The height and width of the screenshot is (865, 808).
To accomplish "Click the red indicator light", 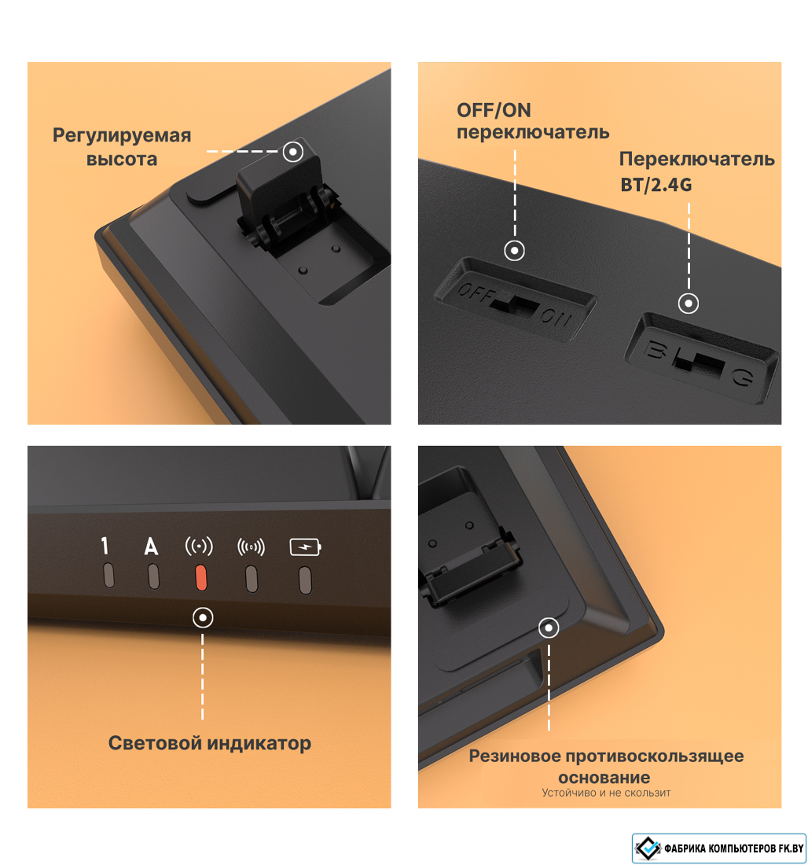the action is pyautogui.click(x=201, y=578).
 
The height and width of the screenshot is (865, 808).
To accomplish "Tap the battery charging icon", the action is pyautogui.click(x=306, y=547).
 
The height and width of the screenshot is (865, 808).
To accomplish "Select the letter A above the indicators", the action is pyautogui.click(x=151, y=547).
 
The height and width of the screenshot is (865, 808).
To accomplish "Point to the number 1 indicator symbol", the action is pyautogui.click(x=105, y=545).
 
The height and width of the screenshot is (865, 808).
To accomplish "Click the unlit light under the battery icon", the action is pyautogui.click(x=305, y=580).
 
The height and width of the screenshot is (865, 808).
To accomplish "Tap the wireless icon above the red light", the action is pyautogui.click(x=199, y=547).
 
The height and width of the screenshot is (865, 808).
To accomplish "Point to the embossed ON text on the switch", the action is pyautogui.click(x=556, y=317).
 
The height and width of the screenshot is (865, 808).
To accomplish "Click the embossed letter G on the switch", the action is pyautogui.click(x=742, y=377).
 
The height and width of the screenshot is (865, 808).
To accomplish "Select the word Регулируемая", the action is pyautogui.click(x=122, y=136).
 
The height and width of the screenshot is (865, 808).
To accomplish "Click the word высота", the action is pyautogui.click(x=122, y=159).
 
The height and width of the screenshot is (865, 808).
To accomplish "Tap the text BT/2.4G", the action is pyautogui.click(x=656, y=184).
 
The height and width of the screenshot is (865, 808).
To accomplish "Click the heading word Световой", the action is pyautogui.click(x=155, y=742).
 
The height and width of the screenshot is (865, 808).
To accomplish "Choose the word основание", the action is pyautogui.click(x=604, y=777).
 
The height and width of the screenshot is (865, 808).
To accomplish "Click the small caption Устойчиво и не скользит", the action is pyautogui.click(x=606, y=793).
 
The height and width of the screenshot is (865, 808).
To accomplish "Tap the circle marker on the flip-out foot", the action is pyautogui.click(x=293, y=151).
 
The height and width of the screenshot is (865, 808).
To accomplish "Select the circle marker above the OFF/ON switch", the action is pyautogui.click(x=515, y=250).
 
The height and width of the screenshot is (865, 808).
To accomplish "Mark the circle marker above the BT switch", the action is pyautogui.click(x=689, y=303).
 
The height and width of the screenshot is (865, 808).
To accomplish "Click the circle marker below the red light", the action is pyautogui.click(x=203, y=617).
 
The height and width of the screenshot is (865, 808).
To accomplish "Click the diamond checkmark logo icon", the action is pyautogui.click(x=648, y=848).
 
